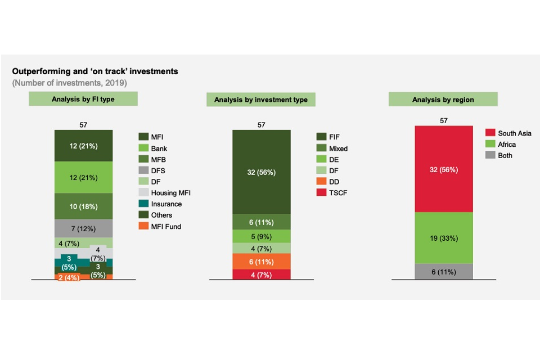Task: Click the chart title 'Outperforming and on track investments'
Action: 94,71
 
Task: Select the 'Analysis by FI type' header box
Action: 83,99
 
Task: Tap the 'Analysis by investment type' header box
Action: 261,100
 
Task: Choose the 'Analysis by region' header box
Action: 443,100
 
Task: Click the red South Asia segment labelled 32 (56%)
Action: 444,169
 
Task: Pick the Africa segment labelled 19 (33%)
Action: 444,238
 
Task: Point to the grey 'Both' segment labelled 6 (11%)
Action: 444,272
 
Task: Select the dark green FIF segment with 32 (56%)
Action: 262,172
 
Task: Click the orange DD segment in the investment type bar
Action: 262,262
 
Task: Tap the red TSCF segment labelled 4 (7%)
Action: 262,274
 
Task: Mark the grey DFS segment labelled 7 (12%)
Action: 84,228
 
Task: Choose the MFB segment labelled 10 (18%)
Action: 84,206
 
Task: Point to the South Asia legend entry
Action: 508,133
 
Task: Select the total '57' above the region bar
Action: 444,121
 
